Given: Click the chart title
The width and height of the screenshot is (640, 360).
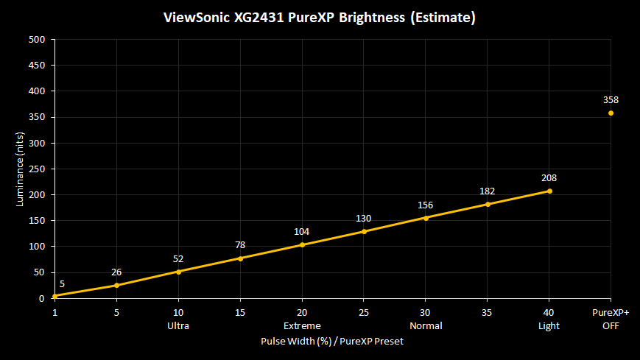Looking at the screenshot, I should [x=320, y=17].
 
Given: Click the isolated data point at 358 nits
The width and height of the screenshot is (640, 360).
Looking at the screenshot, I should [x=611, y=113].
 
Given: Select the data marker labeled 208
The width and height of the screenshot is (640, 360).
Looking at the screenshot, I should [x=549, y=191].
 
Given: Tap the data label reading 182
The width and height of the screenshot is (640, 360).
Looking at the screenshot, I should [x=488, y=191].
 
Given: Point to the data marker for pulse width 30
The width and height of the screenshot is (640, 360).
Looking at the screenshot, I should [x=426, y=218].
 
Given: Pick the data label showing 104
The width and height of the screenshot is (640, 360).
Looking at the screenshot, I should [x=302, y=232].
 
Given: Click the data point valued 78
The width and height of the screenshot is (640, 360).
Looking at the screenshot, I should [x=240, y=258].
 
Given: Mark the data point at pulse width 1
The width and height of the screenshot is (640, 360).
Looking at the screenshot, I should [x=54, y=296].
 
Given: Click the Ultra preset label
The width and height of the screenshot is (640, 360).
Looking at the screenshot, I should [x=178, y=325].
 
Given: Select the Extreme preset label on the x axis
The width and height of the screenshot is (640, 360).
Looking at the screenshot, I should [x=302, y=325].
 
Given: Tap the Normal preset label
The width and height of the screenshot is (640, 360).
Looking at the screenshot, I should [x=426, y=325].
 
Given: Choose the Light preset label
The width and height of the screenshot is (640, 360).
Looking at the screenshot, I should [x=549, y=325].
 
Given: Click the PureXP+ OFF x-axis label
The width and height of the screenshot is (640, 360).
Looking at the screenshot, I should [x=611, y=319].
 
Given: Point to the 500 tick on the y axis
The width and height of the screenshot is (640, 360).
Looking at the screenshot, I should [x=37, y=40].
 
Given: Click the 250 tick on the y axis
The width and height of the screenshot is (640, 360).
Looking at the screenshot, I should [x=37, y=169].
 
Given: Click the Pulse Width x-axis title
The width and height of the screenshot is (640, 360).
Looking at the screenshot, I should [x=332, y=342].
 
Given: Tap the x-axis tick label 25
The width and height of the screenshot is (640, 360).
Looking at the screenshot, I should [x=364, y=313].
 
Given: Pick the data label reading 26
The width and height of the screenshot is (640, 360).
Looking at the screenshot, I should [x=116, y=272].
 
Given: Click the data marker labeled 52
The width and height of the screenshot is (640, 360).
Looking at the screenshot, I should [x=178, y=272].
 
